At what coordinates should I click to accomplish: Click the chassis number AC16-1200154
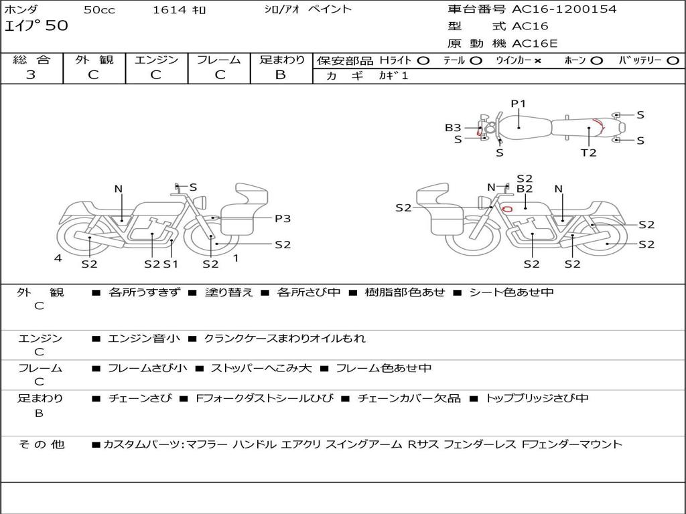click(x=564, y=9)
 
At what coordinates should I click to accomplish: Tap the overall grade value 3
click(x=31, y=74)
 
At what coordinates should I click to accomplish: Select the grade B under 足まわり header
click(x=281, y=74)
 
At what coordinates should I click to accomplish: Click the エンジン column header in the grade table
click(x=156, y=60)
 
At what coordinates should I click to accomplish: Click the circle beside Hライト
click(x=423, y=60)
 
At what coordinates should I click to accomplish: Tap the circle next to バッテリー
click(x=673, y=60)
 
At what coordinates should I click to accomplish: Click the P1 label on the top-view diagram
click(x=519, y=103)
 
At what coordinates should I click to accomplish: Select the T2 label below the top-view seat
click(x=588, y=153)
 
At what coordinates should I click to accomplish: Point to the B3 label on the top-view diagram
click(x=453, y=127)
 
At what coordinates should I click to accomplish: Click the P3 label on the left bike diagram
click(x=282, y=218)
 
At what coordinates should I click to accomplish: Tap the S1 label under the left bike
click(x=171, y=264)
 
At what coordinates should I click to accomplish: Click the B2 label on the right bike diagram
click(x=524, y=189)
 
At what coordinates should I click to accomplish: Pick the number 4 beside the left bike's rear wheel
click(x=58, y=258)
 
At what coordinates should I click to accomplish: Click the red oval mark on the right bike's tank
click(x=508, y=208)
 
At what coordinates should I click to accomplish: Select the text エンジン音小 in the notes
click(x=144, y=339)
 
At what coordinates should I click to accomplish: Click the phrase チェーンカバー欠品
click(x=409, y=398)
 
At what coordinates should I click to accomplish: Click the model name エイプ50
click(x=36, y=26)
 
